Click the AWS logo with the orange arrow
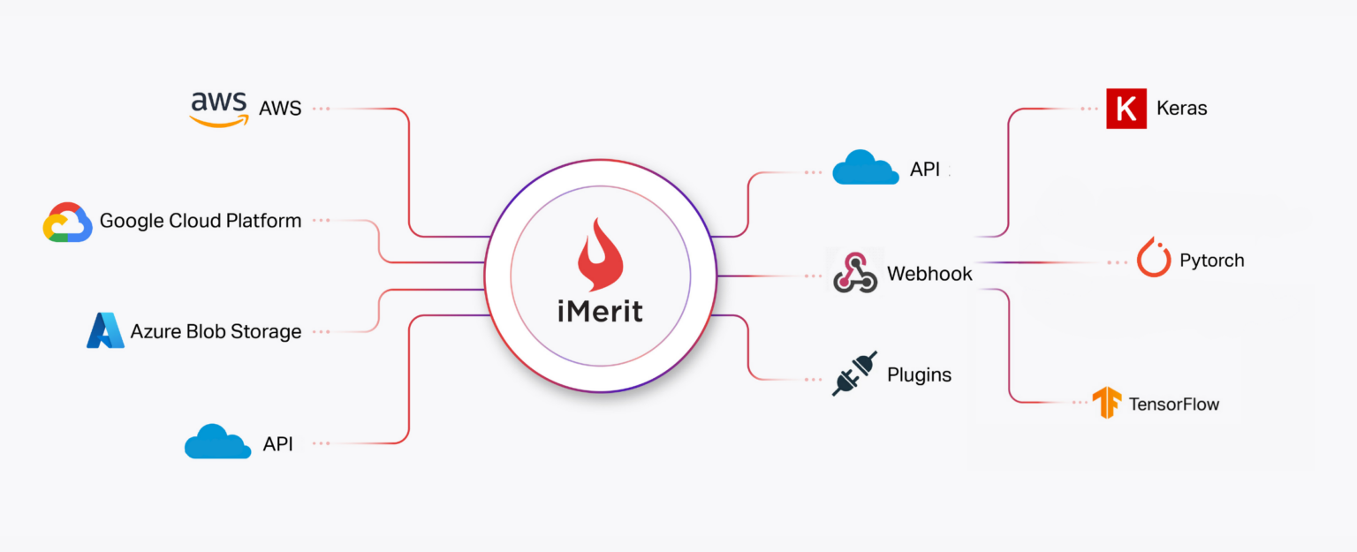click(218, 109)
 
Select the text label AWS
click(280, 109)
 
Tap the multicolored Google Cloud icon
click(68, 222)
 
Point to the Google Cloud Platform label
click(201, 221)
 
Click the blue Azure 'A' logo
click(105, 330)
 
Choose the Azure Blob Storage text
click(216, 332)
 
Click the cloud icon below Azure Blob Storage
click(216, 442)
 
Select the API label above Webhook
click(925, 170)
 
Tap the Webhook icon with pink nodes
click(855, 272)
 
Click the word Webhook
click(929, 274)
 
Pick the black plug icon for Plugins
click(854, 374)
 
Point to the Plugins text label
click(919, 374)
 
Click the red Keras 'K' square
click(1126, 109)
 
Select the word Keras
click(1181, 109)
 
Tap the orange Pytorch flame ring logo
click(1154, 258)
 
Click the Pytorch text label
click(1211, 261)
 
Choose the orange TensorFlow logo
click(1106, 403)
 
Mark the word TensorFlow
click(1173, 405)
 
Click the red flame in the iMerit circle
click(600, 255)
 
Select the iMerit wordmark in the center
click(600, 311)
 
